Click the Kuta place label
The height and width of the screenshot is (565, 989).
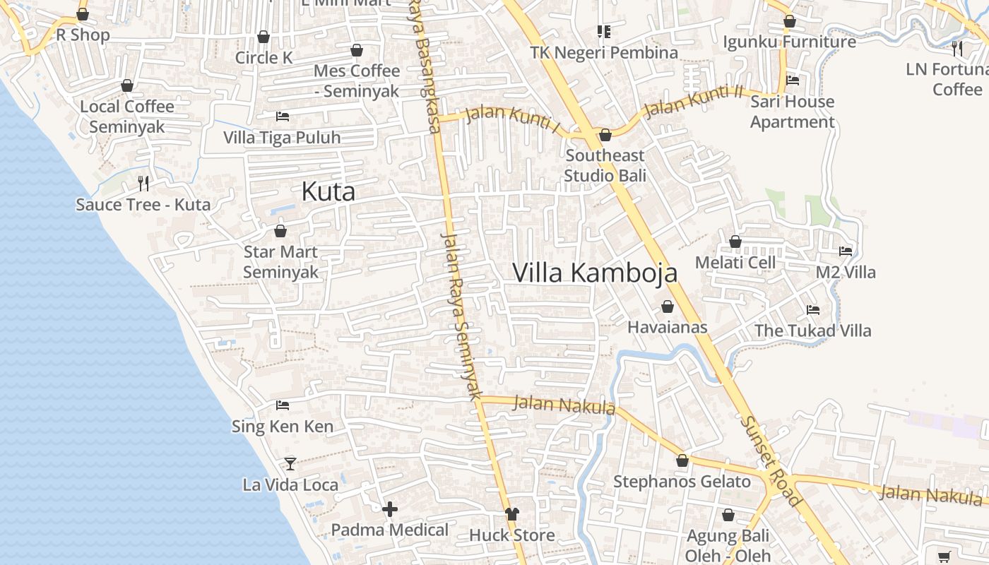click(328, 192)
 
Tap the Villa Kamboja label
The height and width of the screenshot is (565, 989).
click(595, 273)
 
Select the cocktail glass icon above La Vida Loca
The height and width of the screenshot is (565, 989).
click(290, 464)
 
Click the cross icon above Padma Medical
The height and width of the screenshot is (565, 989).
click(389, 509)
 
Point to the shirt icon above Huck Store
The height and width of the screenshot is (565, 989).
click(511, 514)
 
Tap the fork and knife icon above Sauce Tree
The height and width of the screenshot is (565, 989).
click(143, 184)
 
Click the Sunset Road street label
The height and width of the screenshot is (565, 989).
click(771, 460)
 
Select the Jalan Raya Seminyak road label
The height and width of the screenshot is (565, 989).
click(461, 315)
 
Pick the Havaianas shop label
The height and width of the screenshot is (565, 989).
click(667, 328)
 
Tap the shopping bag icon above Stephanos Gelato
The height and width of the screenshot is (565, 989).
click(682, 460)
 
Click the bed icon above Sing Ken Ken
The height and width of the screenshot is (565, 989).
click(283, 405)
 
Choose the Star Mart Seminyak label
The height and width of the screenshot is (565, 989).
click(280, 261)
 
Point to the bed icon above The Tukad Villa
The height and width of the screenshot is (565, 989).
click(812, 310)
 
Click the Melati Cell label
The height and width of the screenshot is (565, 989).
click(735, 263)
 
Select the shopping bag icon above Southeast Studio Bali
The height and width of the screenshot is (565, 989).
click(605, 135)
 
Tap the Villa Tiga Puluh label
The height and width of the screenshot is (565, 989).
click(282, 138)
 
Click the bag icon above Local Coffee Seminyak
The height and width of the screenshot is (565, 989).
click(127, 86)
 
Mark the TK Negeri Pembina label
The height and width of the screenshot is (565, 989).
click(604, 53)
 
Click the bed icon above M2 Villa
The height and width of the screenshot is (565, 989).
click(845, 251)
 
